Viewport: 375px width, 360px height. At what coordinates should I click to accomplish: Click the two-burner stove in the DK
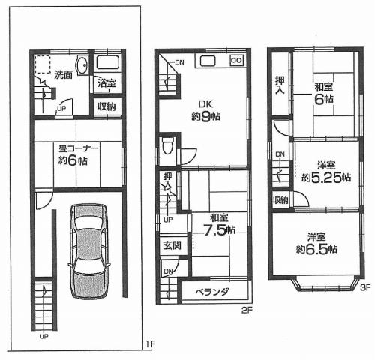click(x=236, y=60)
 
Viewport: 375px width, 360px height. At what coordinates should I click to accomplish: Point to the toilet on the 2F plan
click(x=168, y=147)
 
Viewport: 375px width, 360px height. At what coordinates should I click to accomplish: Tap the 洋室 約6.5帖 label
click(x=317, y=243)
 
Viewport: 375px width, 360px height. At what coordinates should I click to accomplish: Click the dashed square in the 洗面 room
click(x=43, y=62)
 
